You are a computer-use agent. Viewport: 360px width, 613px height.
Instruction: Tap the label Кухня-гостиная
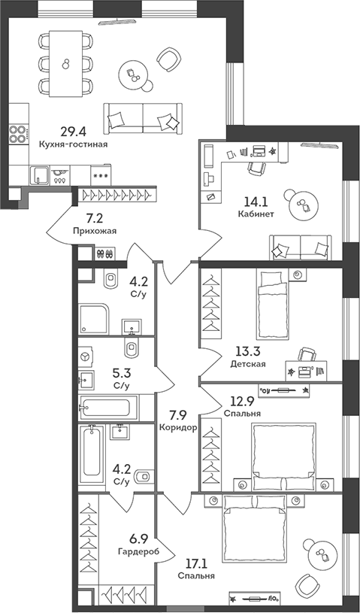73,143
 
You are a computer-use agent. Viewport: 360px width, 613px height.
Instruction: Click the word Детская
248,364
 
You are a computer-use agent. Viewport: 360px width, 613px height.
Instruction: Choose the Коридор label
178,427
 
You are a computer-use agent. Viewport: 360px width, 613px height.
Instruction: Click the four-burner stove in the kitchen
17,135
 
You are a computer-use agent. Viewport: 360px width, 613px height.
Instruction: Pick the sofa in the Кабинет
301,246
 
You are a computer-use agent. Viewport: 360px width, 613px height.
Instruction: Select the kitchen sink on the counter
38,176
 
